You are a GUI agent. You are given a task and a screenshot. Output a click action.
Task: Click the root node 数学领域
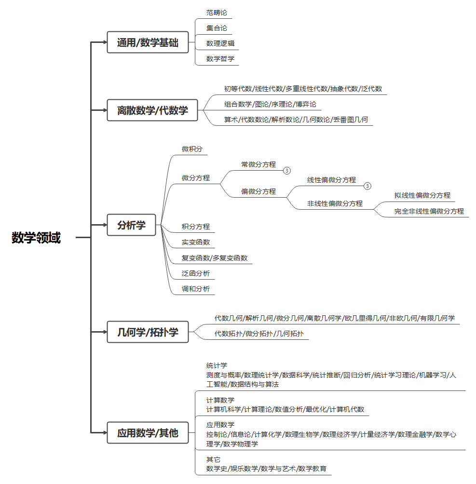point(36,238)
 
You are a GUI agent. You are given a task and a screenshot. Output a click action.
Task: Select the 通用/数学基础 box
point(148,42)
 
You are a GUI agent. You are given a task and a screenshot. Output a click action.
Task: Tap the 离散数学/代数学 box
point(152,110)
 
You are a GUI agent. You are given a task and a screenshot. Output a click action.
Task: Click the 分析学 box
point(131,225)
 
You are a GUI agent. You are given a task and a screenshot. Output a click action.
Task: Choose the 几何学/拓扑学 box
point(148,332)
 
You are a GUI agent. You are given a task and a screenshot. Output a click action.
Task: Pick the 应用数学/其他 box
point(148,433)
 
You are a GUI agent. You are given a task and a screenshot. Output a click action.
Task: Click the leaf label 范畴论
point(217,13)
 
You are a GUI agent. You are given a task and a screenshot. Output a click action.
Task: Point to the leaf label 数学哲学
point(220,59)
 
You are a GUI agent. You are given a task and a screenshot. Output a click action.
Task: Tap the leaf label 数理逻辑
point(220,43)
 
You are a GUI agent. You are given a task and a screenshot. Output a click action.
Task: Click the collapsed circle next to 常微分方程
point(287,170)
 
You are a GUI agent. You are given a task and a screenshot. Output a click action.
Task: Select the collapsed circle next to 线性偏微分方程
point(367,186)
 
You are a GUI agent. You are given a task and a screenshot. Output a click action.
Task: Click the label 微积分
point(192,149)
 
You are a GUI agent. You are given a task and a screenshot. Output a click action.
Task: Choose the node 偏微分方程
point(258,191)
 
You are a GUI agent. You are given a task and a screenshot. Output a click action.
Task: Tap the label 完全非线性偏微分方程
point(429,211)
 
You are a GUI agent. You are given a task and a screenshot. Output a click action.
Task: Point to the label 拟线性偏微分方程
point(422,195)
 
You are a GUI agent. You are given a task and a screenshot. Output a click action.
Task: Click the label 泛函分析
point(196,273)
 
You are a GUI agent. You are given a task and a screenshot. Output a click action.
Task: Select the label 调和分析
point(196,289)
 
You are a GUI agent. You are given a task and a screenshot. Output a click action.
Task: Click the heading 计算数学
point(220,400)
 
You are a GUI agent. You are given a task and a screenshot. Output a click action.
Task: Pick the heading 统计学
point(217,365)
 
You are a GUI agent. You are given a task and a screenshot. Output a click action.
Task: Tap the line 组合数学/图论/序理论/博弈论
point(270,104)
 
